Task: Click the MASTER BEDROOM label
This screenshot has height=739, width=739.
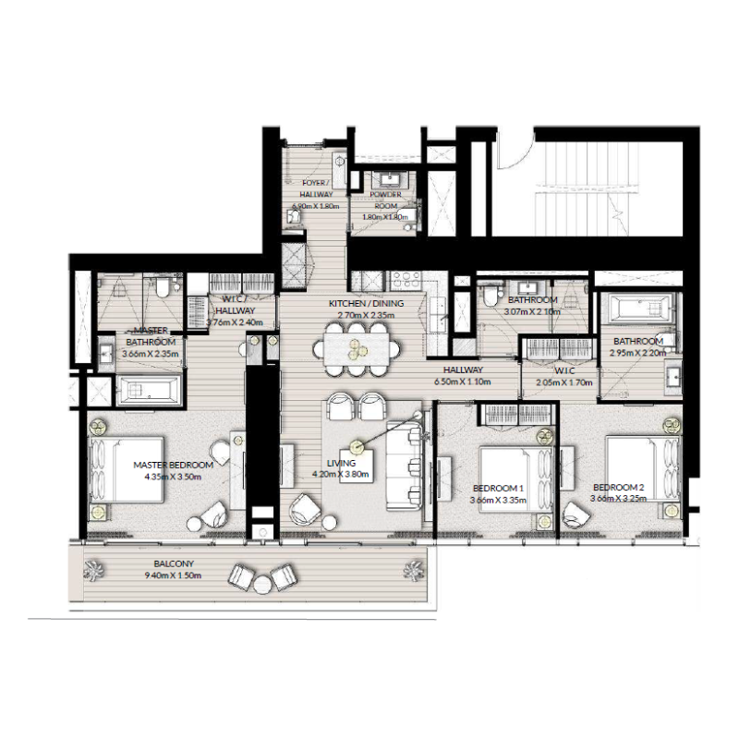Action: tap(173, 465)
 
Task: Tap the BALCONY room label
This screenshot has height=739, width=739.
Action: tap(173, 563)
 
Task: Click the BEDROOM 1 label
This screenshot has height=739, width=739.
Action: tap(498, 488)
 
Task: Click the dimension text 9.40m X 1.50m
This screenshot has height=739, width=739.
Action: tap(173, 575)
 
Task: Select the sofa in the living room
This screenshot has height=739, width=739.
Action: tap(404, 466)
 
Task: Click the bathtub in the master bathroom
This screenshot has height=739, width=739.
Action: tap(152, 394)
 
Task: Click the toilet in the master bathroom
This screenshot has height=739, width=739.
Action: tap(163, 290)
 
